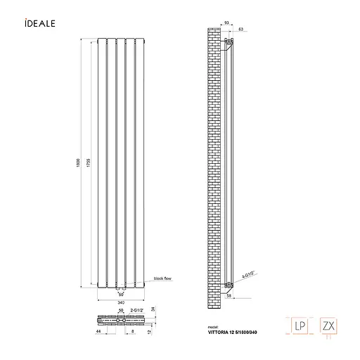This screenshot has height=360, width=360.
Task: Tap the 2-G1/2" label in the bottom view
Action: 136,310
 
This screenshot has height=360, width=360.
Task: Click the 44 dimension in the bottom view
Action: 98,330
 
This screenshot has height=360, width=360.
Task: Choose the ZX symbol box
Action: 327,326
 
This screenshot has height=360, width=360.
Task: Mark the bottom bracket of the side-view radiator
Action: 227,285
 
